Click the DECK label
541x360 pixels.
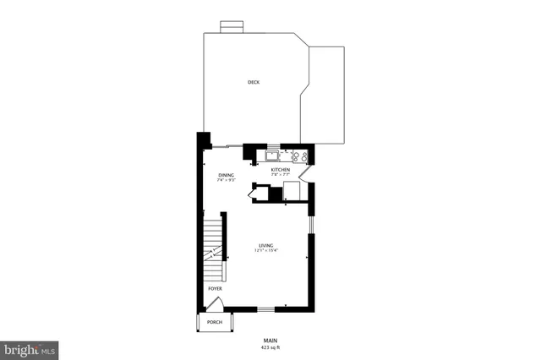click(254, 82)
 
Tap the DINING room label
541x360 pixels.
click(226, 175)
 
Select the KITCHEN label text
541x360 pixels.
click(281, 170)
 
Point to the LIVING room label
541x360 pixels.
click(266, 245)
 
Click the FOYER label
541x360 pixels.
click(216, 289)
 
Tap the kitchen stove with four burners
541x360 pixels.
click(298, 155)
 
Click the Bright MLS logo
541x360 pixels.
click(30, 349)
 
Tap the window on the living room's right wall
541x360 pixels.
click(310, 225)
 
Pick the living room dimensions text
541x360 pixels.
click(267, 251)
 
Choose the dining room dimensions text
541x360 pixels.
click(226, 181)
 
